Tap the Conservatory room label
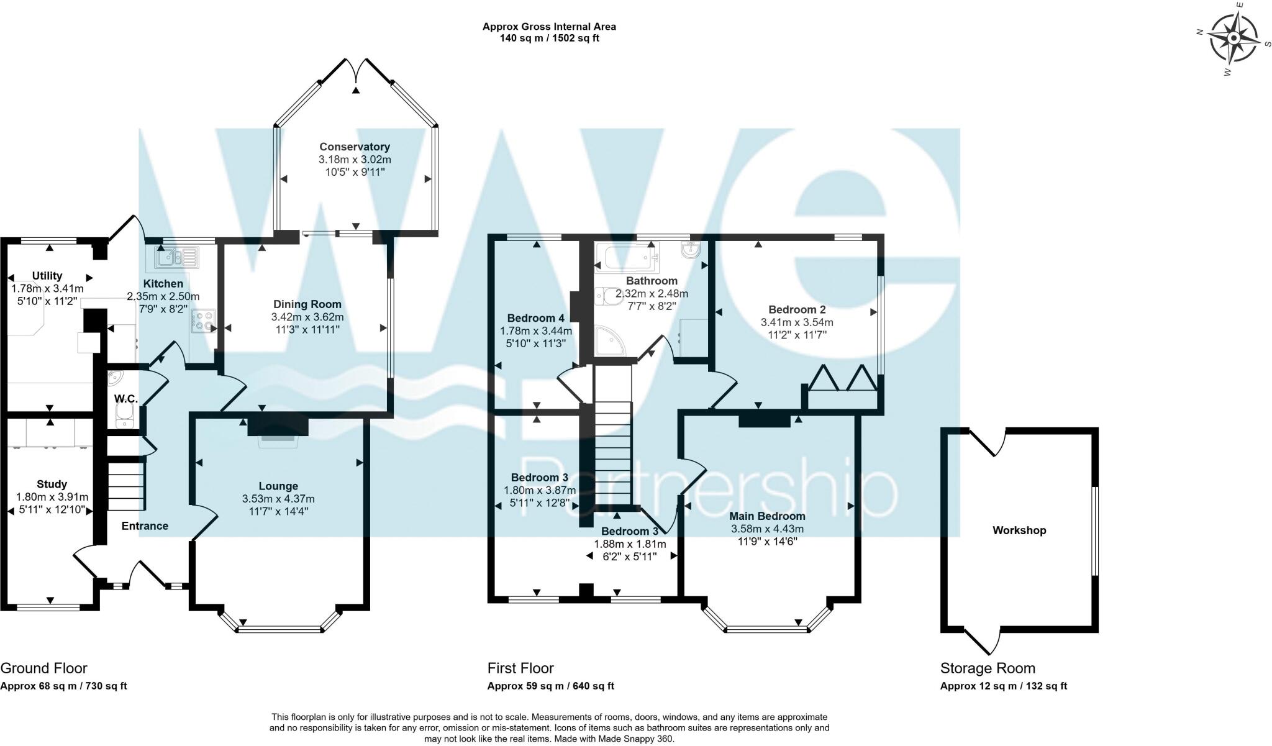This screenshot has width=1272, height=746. pos(355,147)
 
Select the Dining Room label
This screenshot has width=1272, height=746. pos(307,304)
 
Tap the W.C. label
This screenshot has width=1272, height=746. pos(126,399)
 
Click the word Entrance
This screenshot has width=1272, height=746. pos(145,526)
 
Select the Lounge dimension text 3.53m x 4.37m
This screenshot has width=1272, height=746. pos(278,499)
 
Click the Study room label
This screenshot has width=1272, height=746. pos(52,484)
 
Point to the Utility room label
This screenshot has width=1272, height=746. pos(47,276)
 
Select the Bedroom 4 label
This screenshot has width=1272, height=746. pos(536,319)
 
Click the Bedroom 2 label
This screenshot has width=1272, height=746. pos(797,310)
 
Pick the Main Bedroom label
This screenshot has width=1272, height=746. pos(767,516)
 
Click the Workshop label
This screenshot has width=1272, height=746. pos(1019,530)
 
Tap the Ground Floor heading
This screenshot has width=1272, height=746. pos(43,668)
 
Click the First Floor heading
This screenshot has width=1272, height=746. pos(520,668)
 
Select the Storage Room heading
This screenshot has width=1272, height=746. pos(988,668)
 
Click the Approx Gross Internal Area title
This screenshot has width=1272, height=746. pos(549,27)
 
